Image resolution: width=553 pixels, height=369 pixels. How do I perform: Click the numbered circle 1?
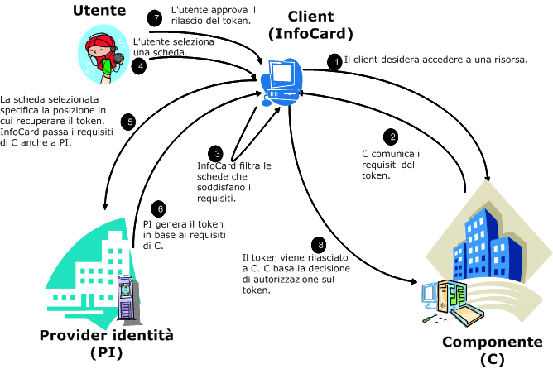point(334,61)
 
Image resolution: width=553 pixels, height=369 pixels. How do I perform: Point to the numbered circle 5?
point(127,122)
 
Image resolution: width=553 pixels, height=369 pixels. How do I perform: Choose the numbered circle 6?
point(161,209)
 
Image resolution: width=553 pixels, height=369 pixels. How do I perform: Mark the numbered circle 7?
point(151,17)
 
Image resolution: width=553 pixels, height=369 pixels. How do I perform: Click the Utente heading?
point(99,11)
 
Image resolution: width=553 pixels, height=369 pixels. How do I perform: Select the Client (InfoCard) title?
point(310,25)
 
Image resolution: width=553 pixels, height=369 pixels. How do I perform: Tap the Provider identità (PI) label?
point(107,344)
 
